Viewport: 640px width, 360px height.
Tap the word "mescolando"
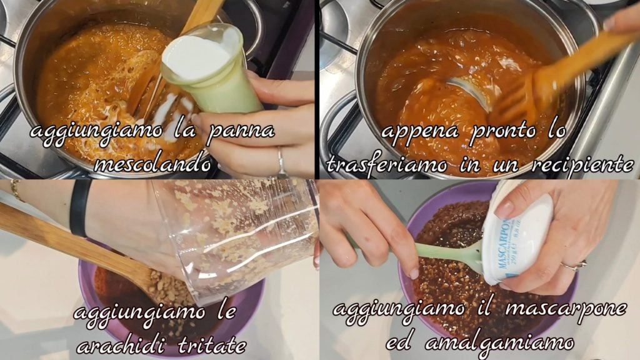pyautogui.click(x=152, y=164)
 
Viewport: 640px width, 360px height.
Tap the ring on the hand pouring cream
pyautogui.click(x=281, y=162)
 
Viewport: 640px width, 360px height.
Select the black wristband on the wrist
pyautogui.click(x=80, y=207)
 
